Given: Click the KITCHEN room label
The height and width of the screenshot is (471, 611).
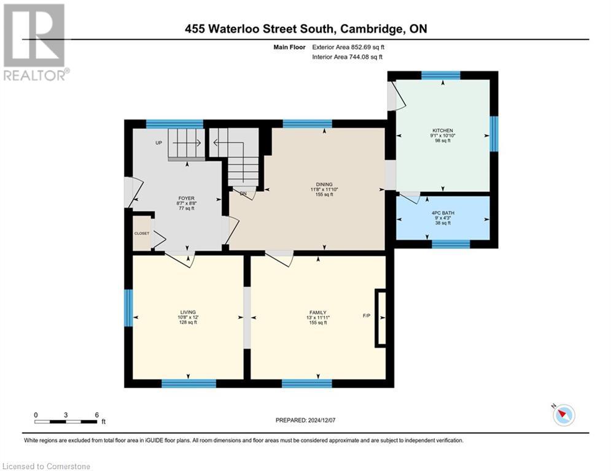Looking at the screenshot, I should (x=443, y=131).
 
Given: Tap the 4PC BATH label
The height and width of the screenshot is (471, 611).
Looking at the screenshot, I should (x=443, y=213).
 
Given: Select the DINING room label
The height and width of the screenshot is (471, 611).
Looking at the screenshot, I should (x=324, y=185).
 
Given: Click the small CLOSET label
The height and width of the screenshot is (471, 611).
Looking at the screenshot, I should (x=142, y=234).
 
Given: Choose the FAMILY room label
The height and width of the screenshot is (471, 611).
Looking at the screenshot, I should (x=317, y=312).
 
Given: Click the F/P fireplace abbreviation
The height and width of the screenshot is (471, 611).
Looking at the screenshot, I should (x=367, y=316).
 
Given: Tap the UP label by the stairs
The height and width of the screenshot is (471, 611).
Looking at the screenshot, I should (x=158, y=143).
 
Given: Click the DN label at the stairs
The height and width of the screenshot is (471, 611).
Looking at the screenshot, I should (x=243, y=194).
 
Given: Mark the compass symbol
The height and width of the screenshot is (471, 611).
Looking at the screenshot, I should (x=563, y=415).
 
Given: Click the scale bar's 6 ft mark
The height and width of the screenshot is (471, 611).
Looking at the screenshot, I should (x=97, y=415).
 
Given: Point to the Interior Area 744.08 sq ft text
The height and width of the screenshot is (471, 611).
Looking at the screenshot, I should (x=348, y=56).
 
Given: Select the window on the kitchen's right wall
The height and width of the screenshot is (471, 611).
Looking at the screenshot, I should (x=493, y=134).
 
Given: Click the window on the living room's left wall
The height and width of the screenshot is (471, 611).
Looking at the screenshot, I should (x=128, y=308).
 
